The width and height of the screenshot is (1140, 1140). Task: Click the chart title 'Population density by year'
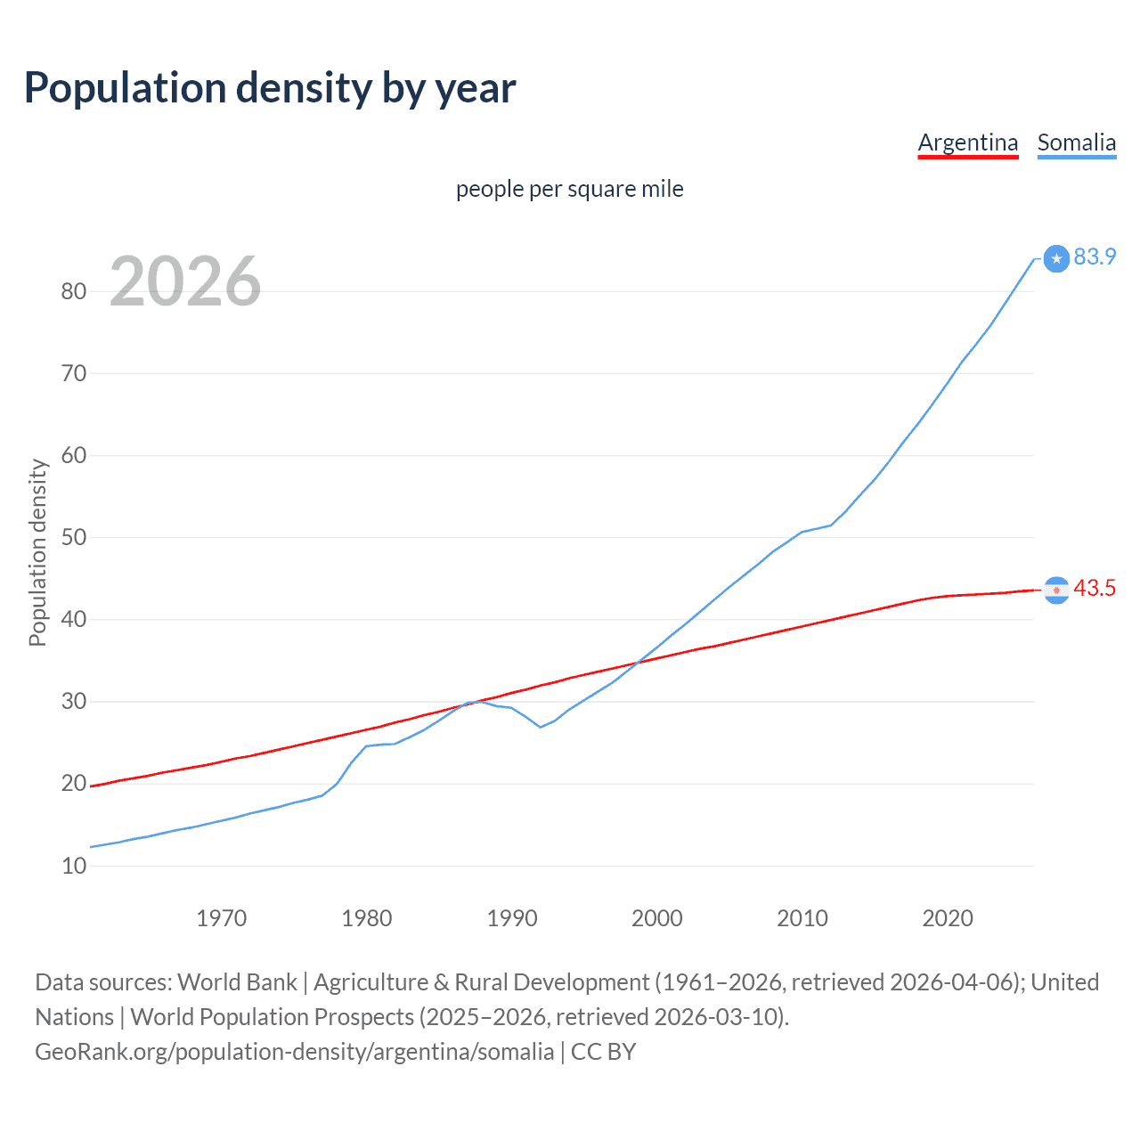(x=270, y=88)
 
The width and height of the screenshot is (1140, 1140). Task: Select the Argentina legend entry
(x=967, y=142)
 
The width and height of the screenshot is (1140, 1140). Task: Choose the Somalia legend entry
(x=1076, y=142)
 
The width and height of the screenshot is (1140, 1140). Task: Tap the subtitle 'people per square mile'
(x=569, y=189)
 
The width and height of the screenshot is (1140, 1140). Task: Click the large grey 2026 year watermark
(x=185, y=281)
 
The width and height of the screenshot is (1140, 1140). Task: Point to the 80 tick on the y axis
(x=74, y=291)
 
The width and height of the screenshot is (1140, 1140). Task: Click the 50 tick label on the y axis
(x=74, y=537)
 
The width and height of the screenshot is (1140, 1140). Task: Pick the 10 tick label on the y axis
(x=74, y=866)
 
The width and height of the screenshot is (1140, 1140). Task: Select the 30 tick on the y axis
(x=74, y=702)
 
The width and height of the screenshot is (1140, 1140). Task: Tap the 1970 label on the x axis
(x=221, y=918)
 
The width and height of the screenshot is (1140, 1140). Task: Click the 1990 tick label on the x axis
(x=512, y=918)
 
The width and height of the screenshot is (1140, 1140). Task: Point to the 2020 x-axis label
(x=947, y=918)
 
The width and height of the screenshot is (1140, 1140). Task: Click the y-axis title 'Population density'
(x=37, y=552)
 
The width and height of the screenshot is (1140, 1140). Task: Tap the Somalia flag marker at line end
(x=1056, y=258)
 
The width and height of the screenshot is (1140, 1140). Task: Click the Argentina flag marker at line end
(x=1056, y=590)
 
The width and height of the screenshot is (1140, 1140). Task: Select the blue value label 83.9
(x=1095, y=256)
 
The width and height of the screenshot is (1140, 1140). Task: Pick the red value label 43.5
(x=1095, y=588)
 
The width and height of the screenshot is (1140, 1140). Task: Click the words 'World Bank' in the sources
(x=237, y=981)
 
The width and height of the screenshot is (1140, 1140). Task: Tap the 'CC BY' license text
(x=603, y=1051)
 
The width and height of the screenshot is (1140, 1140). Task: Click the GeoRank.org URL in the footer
(x=294, y=1051)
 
